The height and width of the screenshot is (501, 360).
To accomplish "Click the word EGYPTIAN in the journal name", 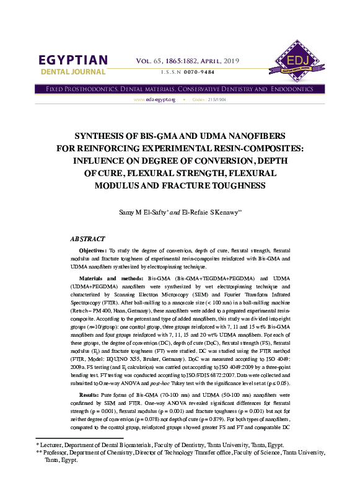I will coord(73,60).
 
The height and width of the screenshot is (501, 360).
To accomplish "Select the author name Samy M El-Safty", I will coord(143,213).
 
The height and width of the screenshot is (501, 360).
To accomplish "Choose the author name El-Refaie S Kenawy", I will coord(209,213).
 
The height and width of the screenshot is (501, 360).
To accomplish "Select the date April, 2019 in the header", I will coord(222,60).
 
